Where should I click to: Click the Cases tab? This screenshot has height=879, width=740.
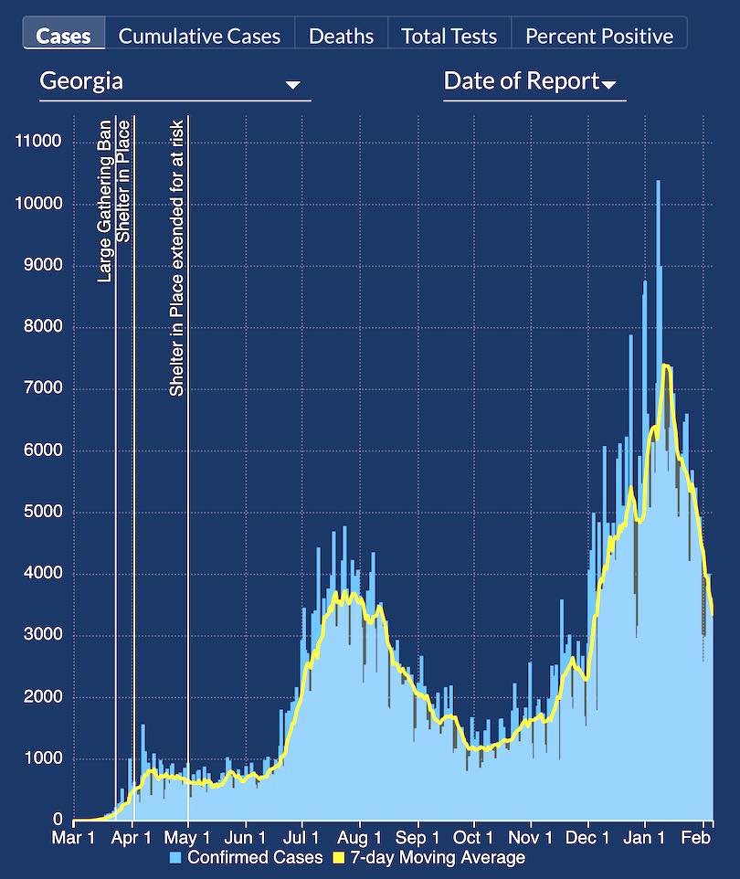64,36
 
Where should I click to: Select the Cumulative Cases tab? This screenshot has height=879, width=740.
200,36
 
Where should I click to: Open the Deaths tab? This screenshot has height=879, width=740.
341,36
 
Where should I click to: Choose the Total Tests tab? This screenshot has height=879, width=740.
449,36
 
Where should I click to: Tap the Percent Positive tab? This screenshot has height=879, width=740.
599,36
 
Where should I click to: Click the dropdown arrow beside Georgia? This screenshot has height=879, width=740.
292,85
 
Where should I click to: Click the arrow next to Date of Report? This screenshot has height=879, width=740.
608,85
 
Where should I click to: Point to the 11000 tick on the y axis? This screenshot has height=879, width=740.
38,141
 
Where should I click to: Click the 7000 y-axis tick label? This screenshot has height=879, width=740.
42,388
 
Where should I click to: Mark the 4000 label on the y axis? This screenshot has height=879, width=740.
42,574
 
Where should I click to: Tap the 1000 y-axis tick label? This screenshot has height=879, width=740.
42,759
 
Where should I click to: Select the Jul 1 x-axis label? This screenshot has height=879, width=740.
301,837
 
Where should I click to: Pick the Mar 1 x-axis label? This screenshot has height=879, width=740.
74,837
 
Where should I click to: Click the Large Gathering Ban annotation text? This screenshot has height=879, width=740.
105,201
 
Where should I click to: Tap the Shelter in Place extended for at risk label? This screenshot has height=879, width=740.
177,258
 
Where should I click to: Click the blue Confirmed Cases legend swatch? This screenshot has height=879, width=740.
176,858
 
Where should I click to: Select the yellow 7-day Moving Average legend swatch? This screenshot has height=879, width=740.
336,858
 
